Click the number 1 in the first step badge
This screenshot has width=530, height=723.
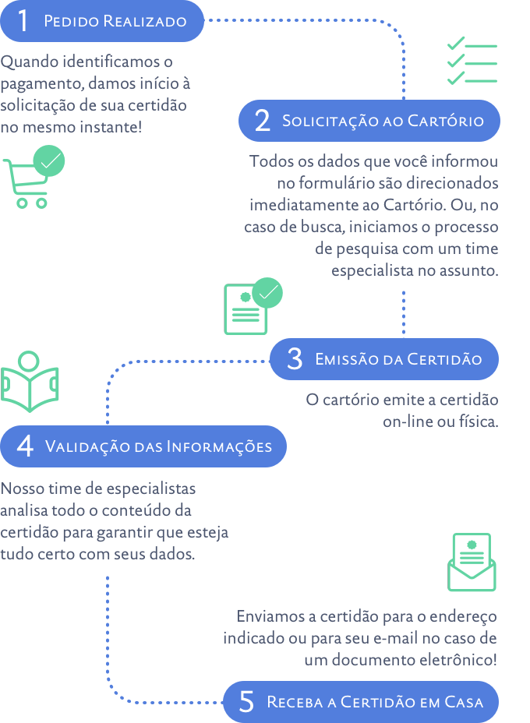[23, 21]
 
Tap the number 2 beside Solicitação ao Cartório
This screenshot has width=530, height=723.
[262, 121]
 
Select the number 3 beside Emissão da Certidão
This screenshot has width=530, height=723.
[294, 359]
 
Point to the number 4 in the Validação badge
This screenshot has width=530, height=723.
[25, 446]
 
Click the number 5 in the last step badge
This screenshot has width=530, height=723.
[246, 702]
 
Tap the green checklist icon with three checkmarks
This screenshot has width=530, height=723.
[472, 60]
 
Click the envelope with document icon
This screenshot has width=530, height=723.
[472, 563]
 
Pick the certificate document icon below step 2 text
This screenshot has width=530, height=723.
[244, 309]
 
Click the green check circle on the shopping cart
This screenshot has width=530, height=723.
[50, 161]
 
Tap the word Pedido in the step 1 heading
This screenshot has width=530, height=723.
[66, 21]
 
